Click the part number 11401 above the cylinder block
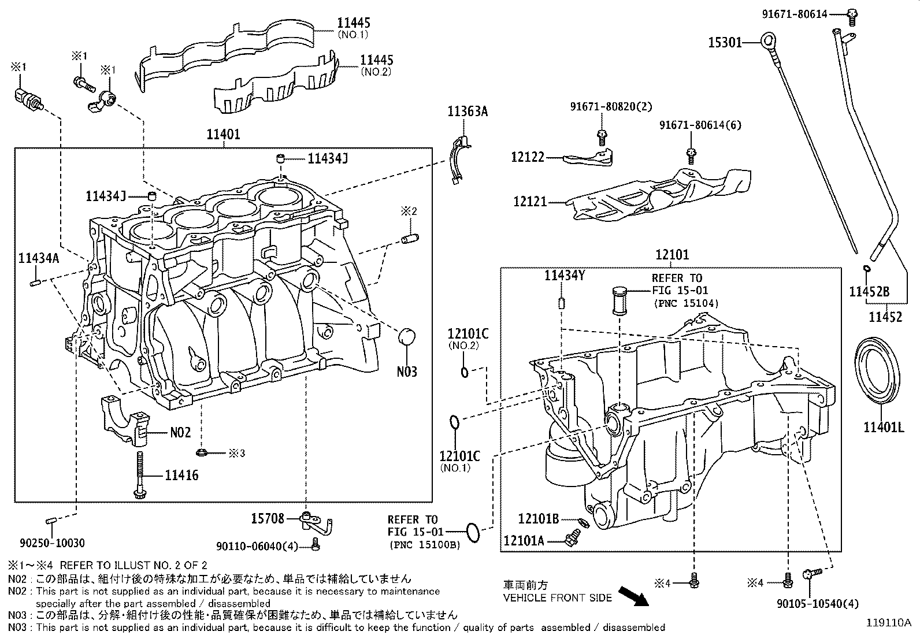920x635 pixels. coord(223,135)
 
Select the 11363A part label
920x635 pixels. coord(467,111)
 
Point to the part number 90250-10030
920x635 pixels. coord(52,543)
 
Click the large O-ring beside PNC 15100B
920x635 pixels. coord(473,532)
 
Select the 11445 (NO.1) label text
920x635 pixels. coord(354,24)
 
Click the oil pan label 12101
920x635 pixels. coord(672,254)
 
